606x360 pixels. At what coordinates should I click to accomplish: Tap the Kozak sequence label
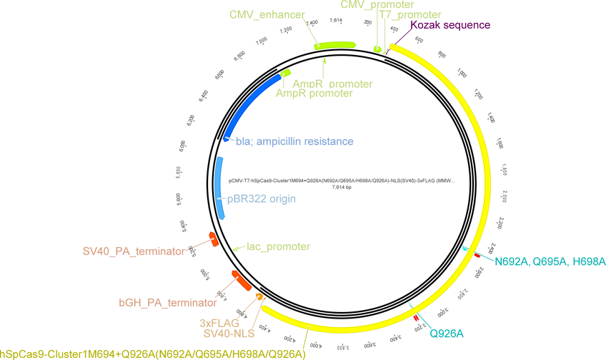coord(450,24)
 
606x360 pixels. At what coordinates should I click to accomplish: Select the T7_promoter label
coord(410,14)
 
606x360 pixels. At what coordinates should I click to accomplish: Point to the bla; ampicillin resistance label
coord(294,141)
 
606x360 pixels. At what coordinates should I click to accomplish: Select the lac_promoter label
coord(278,246)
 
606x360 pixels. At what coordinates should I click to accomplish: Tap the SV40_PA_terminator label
coord(134,251)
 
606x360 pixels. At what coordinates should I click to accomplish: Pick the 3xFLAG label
coord(219,323)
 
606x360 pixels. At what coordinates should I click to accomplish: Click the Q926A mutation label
coord(447,333)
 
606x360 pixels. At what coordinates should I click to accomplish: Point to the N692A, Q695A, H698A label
coord(550,262)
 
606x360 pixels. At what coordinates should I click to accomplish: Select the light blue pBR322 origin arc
coord(220,187)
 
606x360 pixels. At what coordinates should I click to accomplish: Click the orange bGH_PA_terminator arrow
coord(241,280)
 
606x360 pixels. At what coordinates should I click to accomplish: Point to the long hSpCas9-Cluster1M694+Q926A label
coord(153,353)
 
